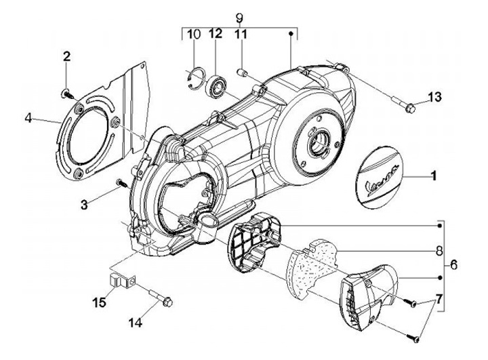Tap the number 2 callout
[x=66, y=56]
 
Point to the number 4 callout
[x=29, y=118]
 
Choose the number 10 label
[x=193, y=34]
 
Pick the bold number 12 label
[x=216, y=34]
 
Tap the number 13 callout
[x=434, y=98]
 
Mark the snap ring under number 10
[x=194, y=77]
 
